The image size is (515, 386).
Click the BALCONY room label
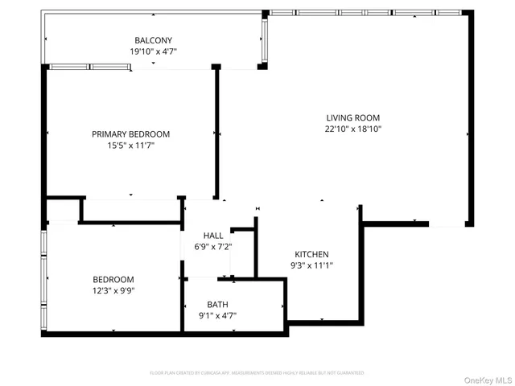[153, 40]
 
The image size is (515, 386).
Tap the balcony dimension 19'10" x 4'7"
[153, 51]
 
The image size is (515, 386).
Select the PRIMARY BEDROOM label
[130, 134]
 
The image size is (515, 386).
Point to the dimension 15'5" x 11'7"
[130, 146]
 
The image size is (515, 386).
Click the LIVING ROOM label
[352, 117]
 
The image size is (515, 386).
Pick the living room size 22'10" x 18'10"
[352, 129]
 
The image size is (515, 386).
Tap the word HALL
[212, 236]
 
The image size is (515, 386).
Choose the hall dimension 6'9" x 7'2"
[212, 247]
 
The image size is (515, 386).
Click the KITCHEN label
[311, 254]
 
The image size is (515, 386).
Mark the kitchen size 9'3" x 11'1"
[311, 265]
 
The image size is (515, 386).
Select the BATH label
[217, 305]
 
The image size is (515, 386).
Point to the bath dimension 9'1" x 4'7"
[217, 316]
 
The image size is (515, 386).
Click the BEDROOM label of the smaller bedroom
[113, 279]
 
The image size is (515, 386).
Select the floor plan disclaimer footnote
[257, 373]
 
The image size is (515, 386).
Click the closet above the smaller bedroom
[63, 211]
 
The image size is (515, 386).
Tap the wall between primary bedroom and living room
[216, 133]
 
